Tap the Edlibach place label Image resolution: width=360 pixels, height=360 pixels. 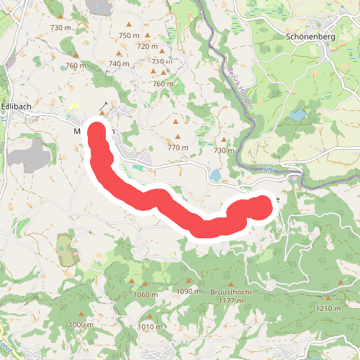click(17, 106)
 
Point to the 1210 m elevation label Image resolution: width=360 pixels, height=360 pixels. click(328, 308)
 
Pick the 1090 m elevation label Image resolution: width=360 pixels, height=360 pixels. click(189, 292)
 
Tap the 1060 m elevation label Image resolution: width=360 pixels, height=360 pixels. click(146, 294)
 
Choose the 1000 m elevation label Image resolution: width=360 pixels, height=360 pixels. click(81, 325)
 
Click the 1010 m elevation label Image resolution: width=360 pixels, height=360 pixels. click(150, 327)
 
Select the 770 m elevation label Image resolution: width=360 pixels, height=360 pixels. click(178, 148)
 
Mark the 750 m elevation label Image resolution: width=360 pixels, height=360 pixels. click(129, 36)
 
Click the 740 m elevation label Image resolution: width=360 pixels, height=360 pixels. click(120, 63)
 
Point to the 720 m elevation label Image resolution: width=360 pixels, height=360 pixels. click(147, 46)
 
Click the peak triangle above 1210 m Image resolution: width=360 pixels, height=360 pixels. click(328, 297)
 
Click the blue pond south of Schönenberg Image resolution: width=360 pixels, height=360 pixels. click(297, 114)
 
